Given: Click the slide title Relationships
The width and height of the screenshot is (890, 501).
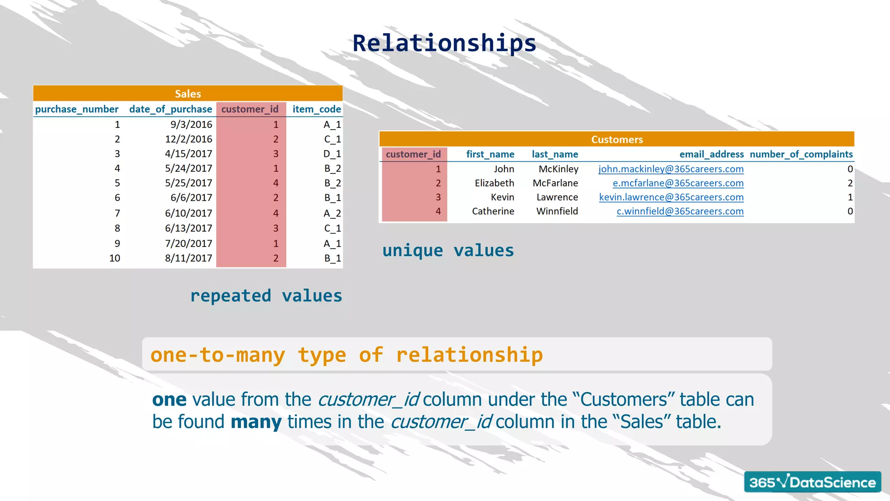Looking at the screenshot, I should (444, 43).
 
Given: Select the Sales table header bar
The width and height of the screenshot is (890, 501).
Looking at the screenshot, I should (188, 94).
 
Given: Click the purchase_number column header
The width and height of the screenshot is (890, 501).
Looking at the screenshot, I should (76, 109).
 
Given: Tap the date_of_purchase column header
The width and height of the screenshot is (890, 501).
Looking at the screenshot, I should (170, 109).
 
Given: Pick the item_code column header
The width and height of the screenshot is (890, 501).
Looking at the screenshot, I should (316, 109).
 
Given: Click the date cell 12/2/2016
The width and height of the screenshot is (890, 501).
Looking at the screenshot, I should (189, 139).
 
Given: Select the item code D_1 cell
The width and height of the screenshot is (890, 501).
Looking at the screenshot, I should (332, 154).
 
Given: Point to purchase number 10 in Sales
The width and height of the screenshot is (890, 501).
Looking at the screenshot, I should (115, 258).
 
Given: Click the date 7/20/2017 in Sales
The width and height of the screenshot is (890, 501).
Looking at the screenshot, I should (189, 244).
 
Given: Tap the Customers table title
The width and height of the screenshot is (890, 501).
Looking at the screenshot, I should (617, 140).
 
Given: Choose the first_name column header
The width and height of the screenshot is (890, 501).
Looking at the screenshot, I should (490, 154).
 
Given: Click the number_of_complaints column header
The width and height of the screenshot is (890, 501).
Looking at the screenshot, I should (801, 154).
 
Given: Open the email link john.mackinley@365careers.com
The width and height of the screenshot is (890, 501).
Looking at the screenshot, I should (671, 169).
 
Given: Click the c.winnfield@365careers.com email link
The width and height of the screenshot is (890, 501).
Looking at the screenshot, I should (680, 211).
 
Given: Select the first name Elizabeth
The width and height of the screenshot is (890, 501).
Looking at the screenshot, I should (494, 183).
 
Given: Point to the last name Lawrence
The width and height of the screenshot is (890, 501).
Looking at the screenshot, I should (557, 197).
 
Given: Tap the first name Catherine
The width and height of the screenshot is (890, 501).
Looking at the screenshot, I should (493, 211).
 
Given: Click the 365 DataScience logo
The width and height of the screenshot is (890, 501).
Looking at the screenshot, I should (812, 482).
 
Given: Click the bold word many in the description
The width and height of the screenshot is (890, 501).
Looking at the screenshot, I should (256, 422).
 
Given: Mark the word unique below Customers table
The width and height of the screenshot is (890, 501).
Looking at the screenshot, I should (412, 251).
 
